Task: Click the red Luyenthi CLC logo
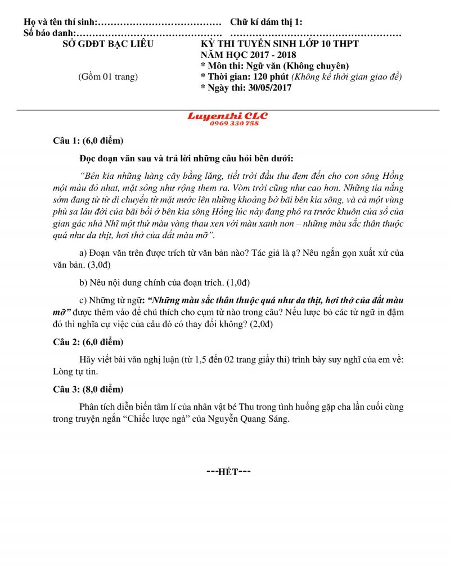(x=227, y=116)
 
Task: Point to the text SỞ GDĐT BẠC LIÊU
(x=107, y=43)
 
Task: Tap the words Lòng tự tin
(x=66, y=371)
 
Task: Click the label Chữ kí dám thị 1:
(x=266, y=22)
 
